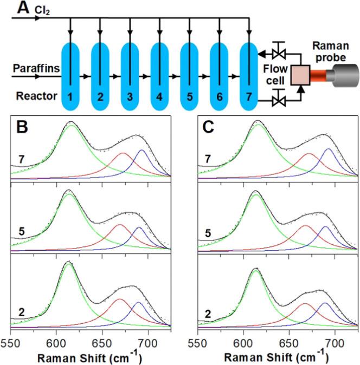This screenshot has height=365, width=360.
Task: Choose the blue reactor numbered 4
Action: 160,76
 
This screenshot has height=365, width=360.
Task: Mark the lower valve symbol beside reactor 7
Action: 281,98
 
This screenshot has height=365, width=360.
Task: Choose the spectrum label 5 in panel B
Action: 19,234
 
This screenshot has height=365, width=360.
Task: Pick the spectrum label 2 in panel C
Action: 205,312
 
